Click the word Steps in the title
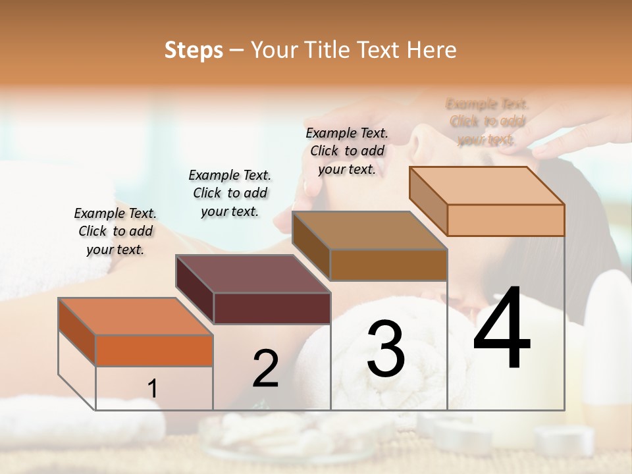point(194,50)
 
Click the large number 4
point(502,329)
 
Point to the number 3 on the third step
point(386,349)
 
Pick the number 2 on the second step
point(265,369)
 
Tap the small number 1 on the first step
point(152,389)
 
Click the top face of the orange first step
point(136,316)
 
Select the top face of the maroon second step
point(253,273)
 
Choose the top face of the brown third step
point(369,230)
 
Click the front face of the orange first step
point(154,350)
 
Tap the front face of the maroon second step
point(272,308)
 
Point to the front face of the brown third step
point(388,265)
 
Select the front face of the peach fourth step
point(506,220)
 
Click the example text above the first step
point(115,231)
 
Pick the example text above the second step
point(230,193)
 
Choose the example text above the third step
point(347,151)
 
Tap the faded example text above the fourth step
point(487,122)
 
